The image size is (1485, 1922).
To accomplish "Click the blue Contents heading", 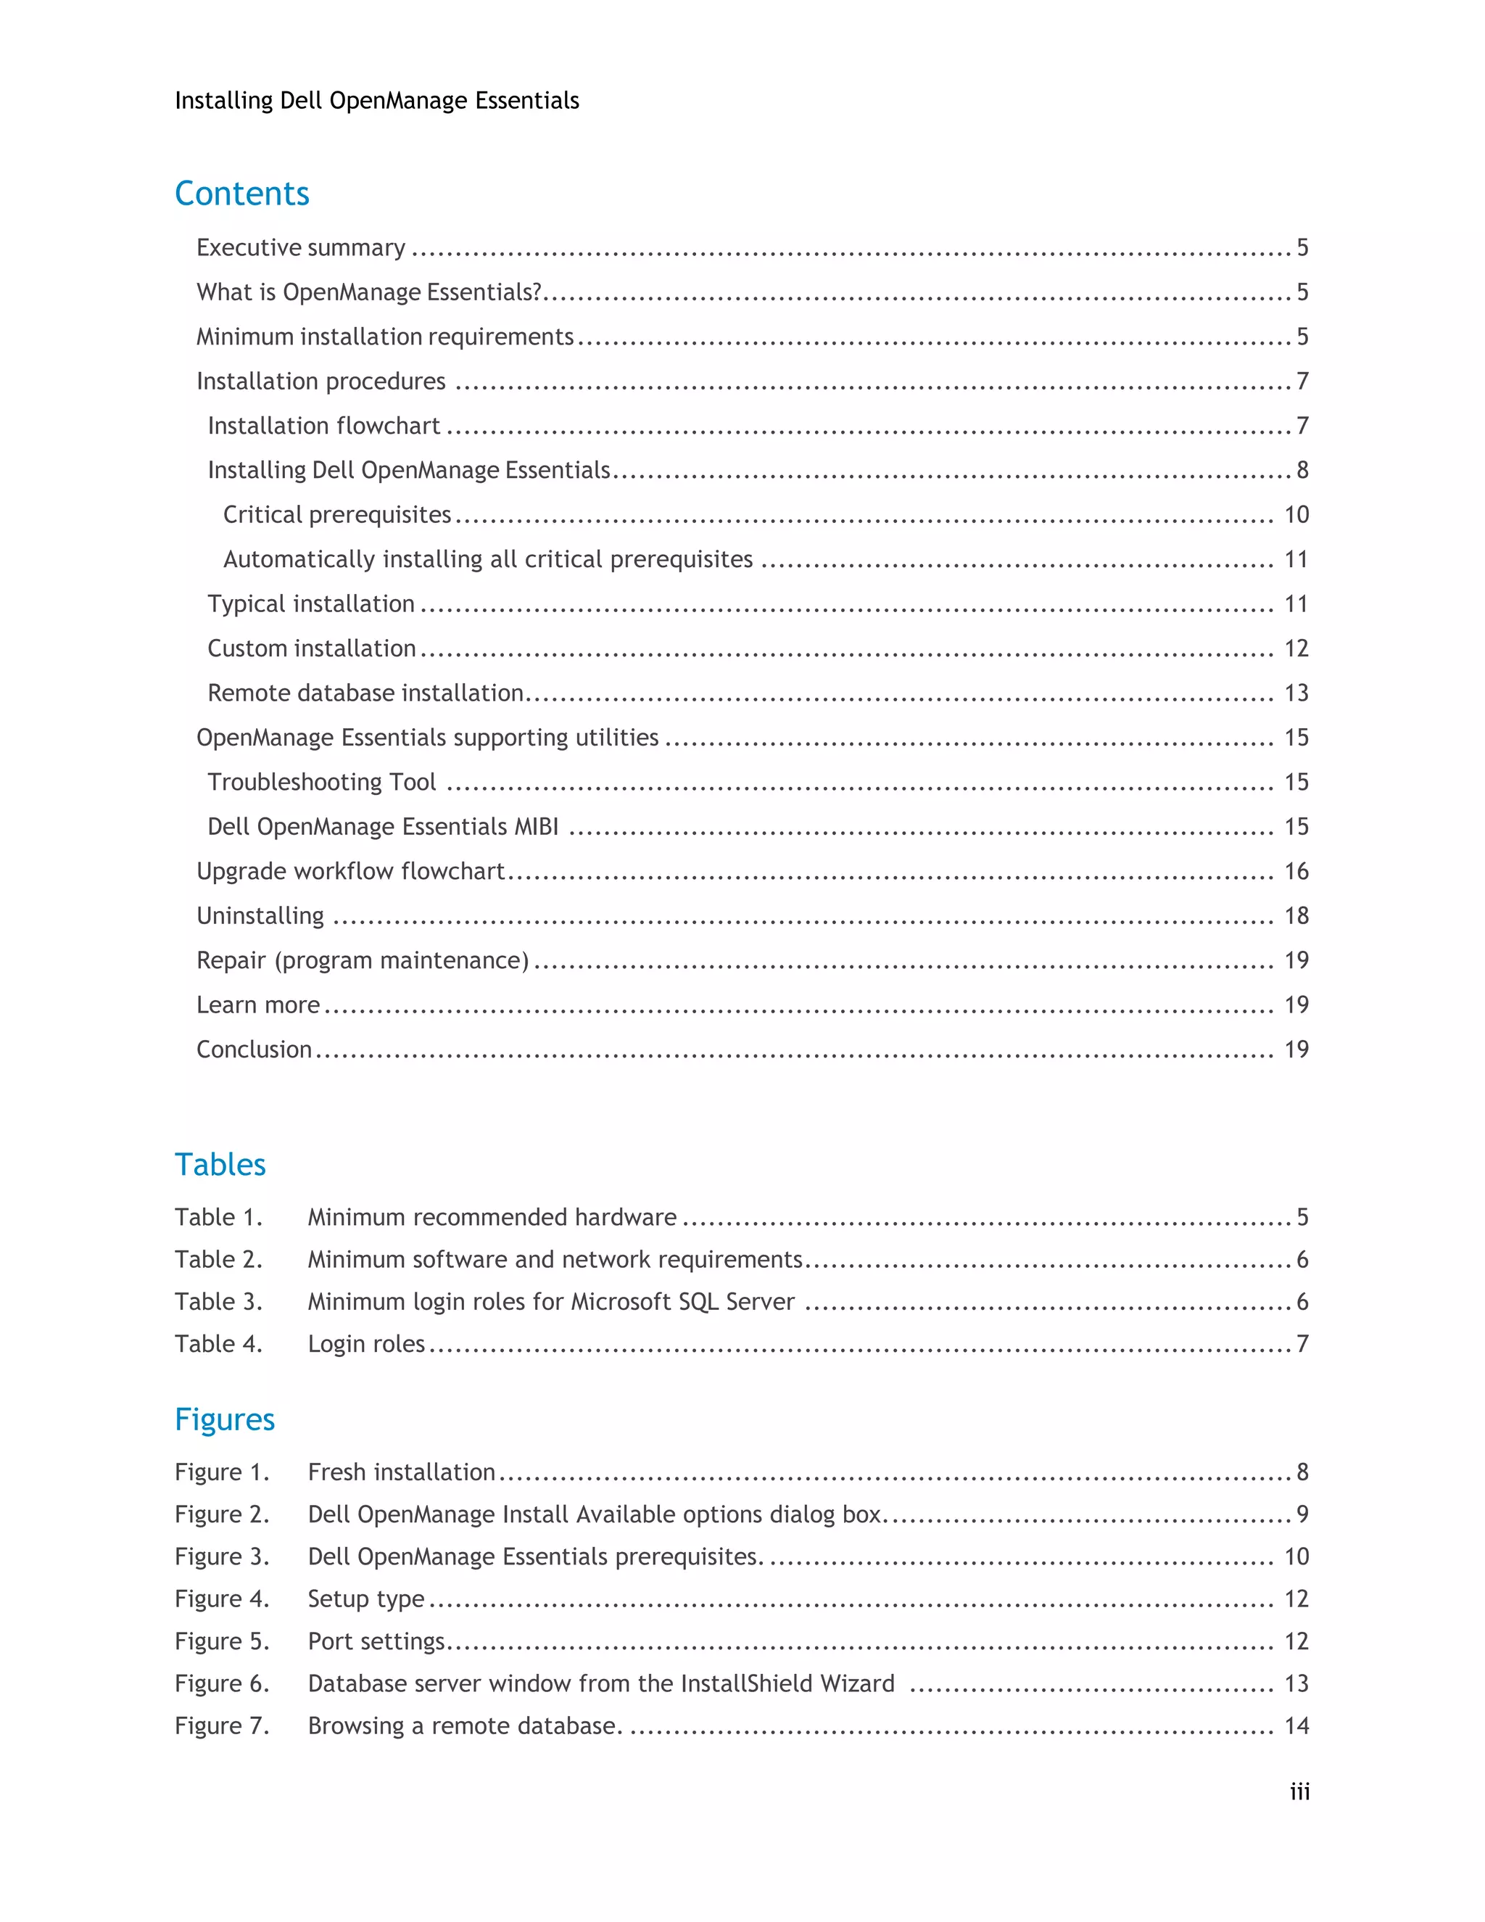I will tap(242, 194).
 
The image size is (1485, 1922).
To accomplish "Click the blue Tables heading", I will tap(220, 1164).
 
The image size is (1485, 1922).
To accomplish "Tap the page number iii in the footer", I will tap(1299, 1791).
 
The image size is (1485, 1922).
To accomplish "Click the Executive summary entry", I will tap(301, 248).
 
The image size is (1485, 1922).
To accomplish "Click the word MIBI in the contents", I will tap(537, 826).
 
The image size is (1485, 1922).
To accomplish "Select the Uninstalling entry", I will tap(260, 916).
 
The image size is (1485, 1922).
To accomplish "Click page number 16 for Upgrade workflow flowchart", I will tap(1296, 871).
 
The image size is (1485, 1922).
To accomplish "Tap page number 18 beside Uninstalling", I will tap(1296, 916).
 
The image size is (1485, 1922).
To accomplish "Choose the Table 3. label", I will tap(218, 1302).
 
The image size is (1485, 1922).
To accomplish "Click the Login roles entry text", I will tap(366, 1344).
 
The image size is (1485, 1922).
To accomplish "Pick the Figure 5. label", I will tap(222, 1641).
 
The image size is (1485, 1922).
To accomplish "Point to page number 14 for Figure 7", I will tap(1296, 1725).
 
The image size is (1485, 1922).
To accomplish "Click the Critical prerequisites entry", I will tap(337, 515).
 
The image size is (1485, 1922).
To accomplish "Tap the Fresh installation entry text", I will tap(401, 1472).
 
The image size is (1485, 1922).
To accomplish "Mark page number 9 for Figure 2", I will tap(1302, 1514).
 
